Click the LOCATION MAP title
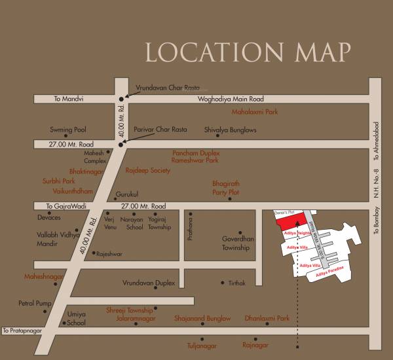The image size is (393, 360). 248,52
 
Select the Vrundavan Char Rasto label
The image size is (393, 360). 166,86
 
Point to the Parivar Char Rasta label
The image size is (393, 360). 160,130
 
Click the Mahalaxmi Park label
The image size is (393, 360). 251,112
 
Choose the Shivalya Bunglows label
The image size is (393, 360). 231,130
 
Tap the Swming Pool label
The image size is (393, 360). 68,130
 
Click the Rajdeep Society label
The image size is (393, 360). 147,170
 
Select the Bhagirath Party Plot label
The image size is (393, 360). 225,188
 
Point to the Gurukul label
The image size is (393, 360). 127,194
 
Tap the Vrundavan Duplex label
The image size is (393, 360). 149,283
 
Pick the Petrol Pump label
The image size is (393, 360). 33,304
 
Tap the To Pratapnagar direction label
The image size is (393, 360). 22,331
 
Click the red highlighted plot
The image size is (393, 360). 289,220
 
